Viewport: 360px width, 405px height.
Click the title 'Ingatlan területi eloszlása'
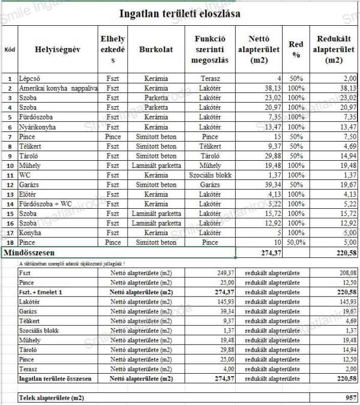point(180,13)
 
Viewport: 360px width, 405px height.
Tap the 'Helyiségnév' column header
point(57,50)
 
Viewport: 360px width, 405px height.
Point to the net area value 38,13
point(271,88)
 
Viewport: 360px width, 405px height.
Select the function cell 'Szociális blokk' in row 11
point(210,175)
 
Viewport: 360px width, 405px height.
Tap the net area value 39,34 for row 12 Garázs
point(271,184)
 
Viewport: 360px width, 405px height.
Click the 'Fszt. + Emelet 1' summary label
point(45,292)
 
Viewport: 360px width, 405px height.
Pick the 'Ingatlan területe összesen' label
point(55,379)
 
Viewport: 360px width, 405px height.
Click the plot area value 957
point(351,398)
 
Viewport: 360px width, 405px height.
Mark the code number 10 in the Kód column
point(10,165)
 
